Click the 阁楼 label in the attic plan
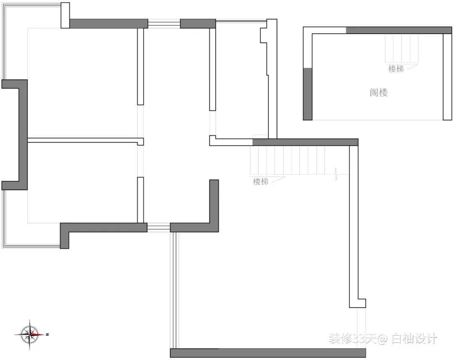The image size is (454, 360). [379, 93]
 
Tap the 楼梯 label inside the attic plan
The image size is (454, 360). [396, 68]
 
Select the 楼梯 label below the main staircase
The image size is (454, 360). [261, 181]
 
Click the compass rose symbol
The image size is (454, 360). [30, 334]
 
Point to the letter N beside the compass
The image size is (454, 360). [48, 334]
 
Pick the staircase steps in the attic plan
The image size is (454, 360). [401, 48]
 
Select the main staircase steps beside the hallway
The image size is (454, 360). [294, 160]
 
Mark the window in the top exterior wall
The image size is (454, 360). [164, 24]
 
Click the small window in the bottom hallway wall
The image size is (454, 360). [158, 228]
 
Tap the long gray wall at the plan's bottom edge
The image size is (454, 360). [269, 353]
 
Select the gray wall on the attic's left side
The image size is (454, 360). [308, 93]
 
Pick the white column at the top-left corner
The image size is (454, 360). [65, 15]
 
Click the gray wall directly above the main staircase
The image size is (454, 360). [305, 142]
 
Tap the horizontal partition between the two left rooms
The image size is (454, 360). [84, 140]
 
